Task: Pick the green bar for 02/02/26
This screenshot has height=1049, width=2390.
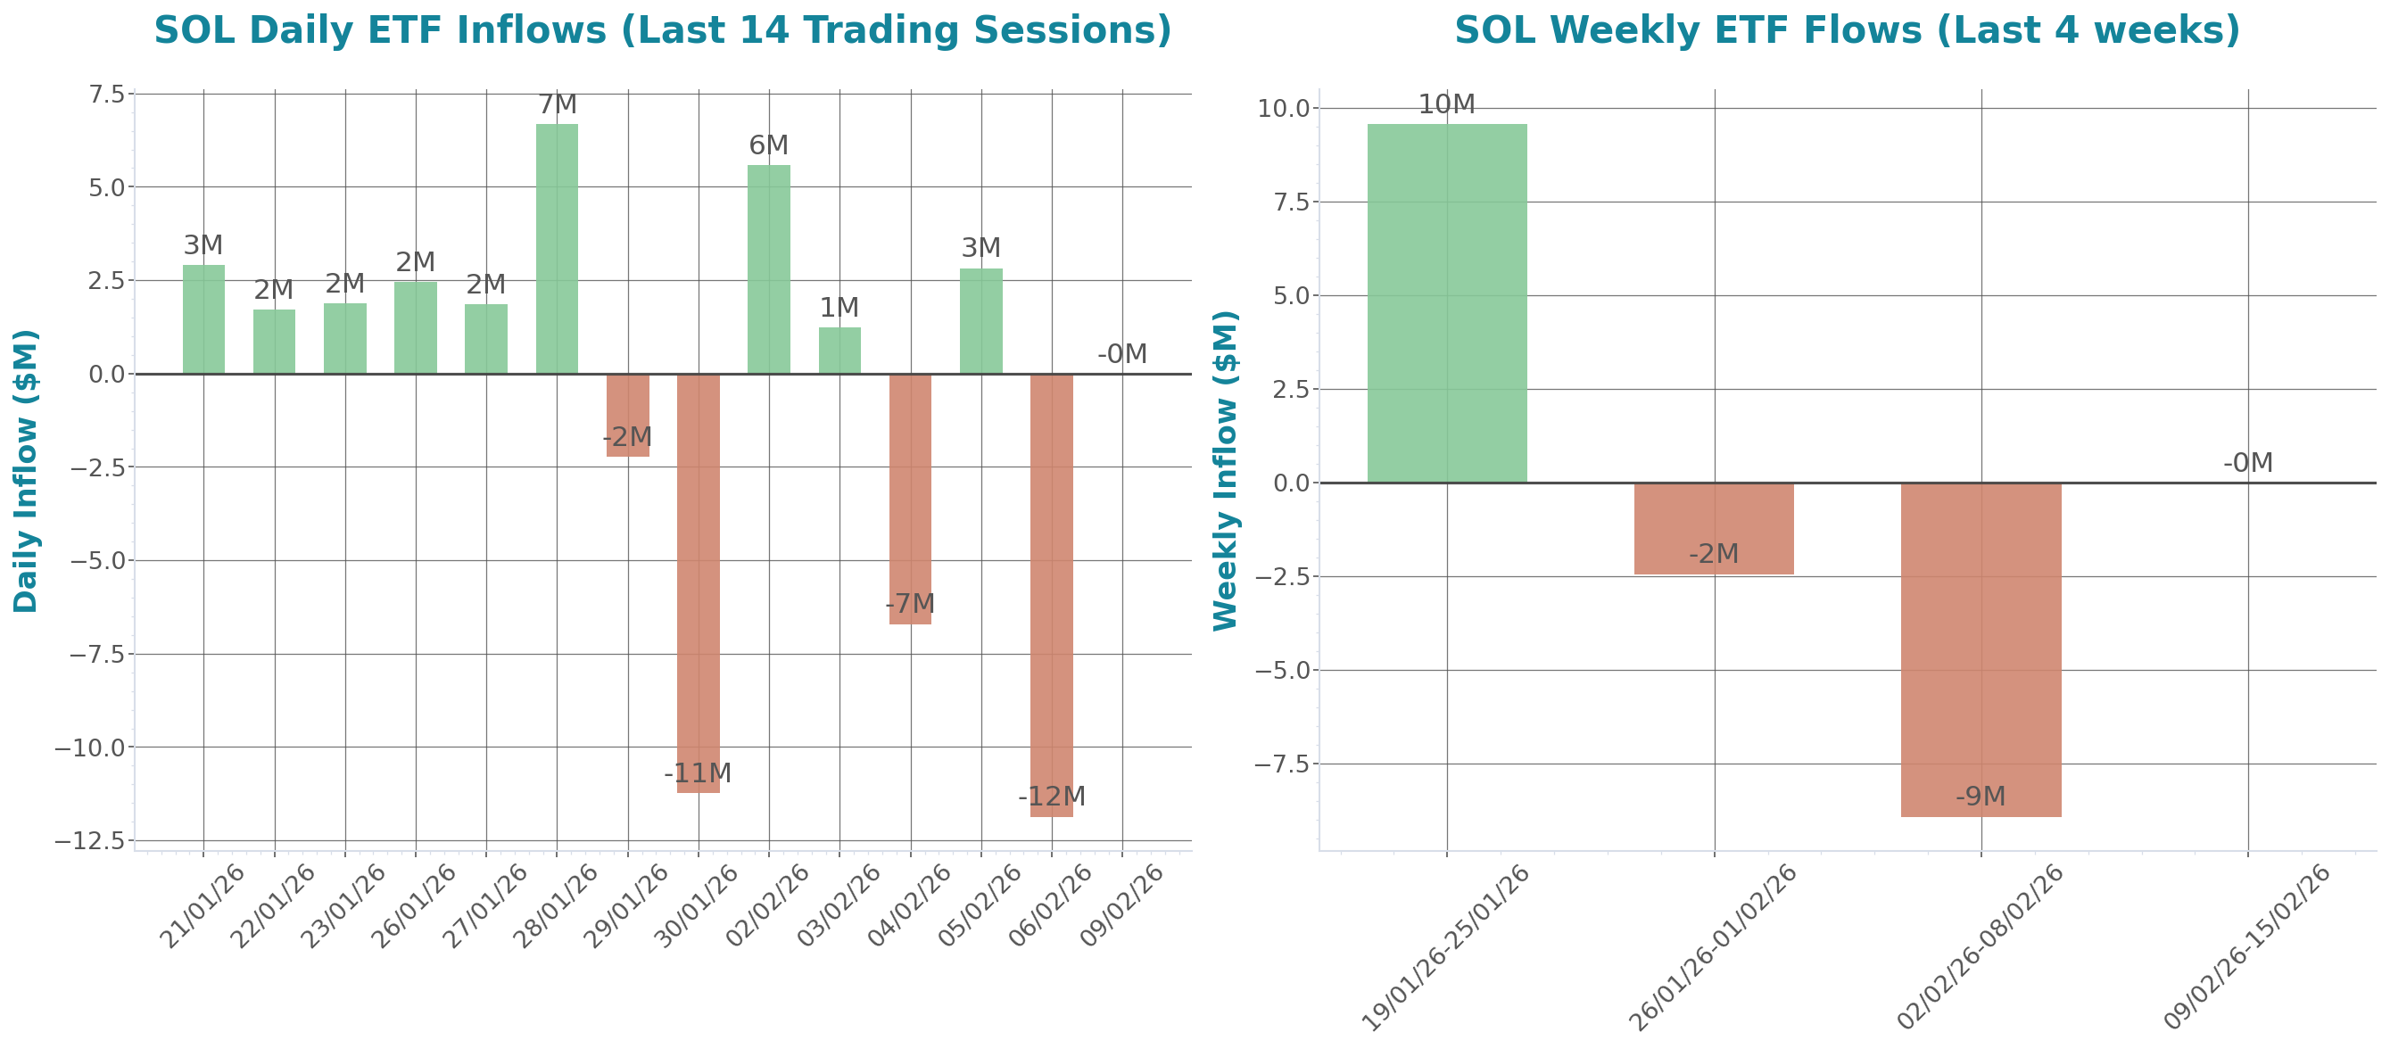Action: (768, 269)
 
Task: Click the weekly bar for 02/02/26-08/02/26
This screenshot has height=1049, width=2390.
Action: (1981, 649)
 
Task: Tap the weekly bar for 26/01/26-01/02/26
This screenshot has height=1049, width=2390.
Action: (1714, 529)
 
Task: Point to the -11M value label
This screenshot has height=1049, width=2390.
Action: (698, 772)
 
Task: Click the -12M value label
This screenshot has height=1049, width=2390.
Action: (1051, 796)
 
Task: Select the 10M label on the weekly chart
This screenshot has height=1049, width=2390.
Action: (1446, 103)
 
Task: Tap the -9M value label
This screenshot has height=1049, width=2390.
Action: (1981, 796)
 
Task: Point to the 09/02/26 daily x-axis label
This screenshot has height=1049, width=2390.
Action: (1122, 905)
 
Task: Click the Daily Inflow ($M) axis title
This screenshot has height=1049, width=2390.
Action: (25, 470)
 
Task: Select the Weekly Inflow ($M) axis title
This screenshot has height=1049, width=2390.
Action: (1226, 470)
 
